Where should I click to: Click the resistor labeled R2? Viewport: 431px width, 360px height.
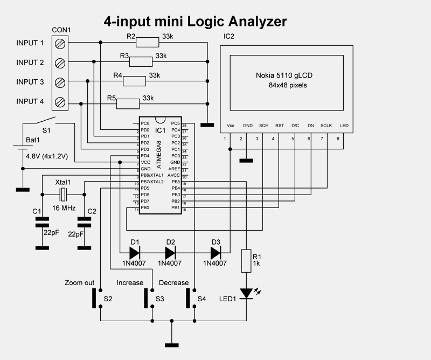click(148, 43)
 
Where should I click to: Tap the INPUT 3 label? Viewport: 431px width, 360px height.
click(30, 82)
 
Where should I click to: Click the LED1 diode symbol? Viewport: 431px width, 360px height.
click(247, 293)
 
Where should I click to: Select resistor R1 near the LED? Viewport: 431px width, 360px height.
click(247, 261)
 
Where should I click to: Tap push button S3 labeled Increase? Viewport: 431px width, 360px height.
click(147, 298)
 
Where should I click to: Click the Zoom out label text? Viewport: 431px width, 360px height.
click(79, 282)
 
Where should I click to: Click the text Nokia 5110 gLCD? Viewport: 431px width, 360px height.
click(284, 76)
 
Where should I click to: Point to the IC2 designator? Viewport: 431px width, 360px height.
click(229, 37)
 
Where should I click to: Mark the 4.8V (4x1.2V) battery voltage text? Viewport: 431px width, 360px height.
click(47, 156)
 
